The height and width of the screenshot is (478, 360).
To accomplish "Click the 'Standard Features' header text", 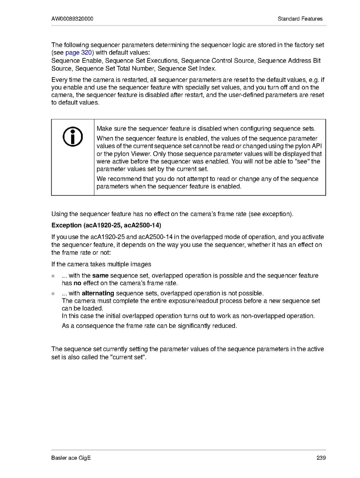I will (300, 19).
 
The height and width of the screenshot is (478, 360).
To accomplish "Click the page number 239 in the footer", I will (321, 458).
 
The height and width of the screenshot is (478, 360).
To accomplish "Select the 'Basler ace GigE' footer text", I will (71, 458).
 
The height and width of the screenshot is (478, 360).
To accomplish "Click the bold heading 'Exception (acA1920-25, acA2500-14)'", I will (106, 225).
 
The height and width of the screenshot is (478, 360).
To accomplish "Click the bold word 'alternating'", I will (98, 294).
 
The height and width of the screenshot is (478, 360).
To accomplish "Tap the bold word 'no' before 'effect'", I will (77, 283).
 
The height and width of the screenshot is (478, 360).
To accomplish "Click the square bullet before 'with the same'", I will (53, 276).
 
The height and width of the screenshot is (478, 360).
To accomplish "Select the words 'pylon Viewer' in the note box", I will (121, 154).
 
